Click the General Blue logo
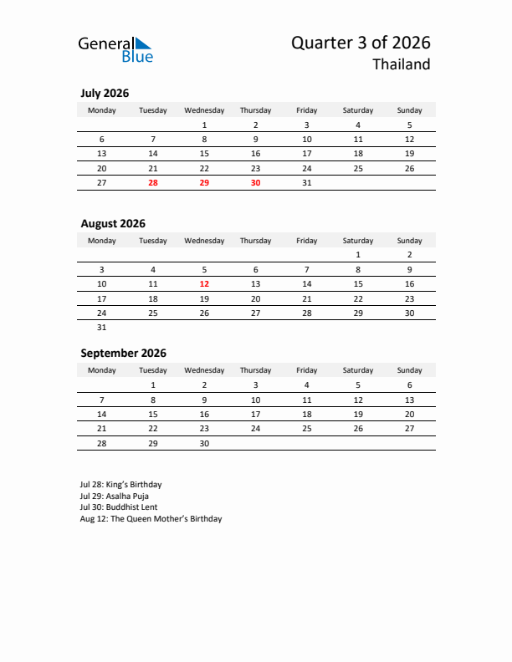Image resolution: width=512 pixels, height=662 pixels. [115, 50]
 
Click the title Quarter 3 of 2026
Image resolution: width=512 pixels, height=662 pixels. [361, 43]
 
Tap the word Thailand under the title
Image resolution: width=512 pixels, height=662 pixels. [402, 65]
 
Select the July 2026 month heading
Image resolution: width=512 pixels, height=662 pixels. [105, 94]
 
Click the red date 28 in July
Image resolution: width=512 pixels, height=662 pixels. [153, 182]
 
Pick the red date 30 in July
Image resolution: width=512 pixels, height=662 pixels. [255, 182]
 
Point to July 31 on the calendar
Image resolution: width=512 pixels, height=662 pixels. [306, 182]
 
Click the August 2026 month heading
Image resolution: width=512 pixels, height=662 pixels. [113, 223]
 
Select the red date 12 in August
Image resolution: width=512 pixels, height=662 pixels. [204, 284]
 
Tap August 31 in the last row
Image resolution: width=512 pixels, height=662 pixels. [102, 328]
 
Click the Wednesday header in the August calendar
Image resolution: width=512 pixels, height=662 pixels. [204, 241]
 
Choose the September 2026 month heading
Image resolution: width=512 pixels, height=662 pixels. [123, 353]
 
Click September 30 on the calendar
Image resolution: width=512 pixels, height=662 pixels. [204, 444]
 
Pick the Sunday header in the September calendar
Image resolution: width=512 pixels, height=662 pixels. [409, 370]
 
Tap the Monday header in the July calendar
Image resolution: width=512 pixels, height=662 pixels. [102, 110]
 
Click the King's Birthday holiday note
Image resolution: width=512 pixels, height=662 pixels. [121, 484]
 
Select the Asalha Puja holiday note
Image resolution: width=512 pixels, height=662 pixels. [115, 496]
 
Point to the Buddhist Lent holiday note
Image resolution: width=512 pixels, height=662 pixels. [119, 507]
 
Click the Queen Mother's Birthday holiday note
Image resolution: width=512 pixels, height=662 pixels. [151, 519]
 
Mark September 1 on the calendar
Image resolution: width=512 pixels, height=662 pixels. [153, 385]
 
